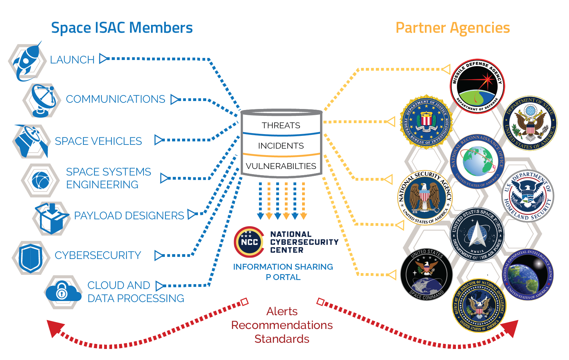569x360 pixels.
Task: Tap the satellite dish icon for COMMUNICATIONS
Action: coord(42,100)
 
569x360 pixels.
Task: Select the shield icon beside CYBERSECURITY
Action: coord(31,258)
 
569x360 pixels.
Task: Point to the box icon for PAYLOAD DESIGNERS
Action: coord(51,219)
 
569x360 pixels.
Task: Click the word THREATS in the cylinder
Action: coord(281,126)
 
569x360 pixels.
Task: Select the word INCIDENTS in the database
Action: coord(281,146)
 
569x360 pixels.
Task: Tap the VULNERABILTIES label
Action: coord(281,166)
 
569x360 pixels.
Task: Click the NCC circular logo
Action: coord(249,242)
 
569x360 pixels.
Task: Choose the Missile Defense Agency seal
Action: coord(477,86)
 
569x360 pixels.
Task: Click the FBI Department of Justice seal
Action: coord(426,122)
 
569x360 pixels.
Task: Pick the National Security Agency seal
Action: coord(425,198)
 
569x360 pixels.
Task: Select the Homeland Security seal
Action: coord(527,196)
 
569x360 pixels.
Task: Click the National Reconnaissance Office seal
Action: coord(477,161)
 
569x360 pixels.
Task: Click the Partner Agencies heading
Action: coord(452,28)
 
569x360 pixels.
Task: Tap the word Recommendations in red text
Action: coord(282,325)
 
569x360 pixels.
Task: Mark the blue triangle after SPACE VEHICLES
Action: coord(159,140)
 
